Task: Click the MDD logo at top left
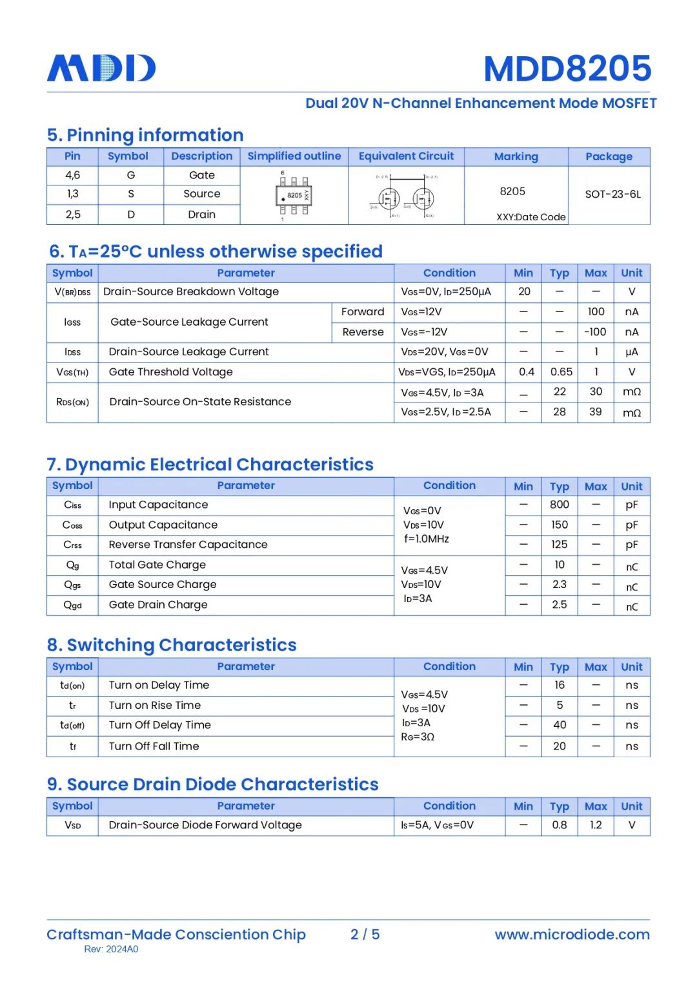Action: point(101,68)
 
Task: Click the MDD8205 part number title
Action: point(567,68)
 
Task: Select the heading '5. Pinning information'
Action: point(145,135)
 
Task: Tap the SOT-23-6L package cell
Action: point(612,194)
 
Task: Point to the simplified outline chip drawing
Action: point(294,195)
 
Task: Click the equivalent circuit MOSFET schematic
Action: point(406,196)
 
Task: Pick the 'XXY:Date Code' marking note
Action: point(530,217)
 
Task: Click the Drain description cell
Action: point(201,215)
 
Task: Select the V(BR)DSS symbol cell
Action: point(72,292)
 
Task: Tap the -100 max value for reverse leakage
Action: point(595,332)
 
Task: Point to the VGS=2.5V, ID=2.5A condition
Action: point(445,412)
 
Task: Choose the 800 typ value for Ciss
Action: point(560,505)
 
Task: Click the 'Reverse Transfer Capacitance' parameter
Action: point(188,545)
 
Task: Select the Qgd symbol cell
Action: point(72,605)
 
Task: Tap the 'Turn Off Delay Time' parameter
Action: point(159,725)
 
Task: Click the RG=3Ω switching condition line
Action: point(418,737)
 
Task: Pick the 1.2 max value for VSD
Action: point(595,825)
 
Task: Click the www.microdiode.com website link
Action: point(572,934)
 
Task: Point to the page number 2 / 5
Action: point(365,934)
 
